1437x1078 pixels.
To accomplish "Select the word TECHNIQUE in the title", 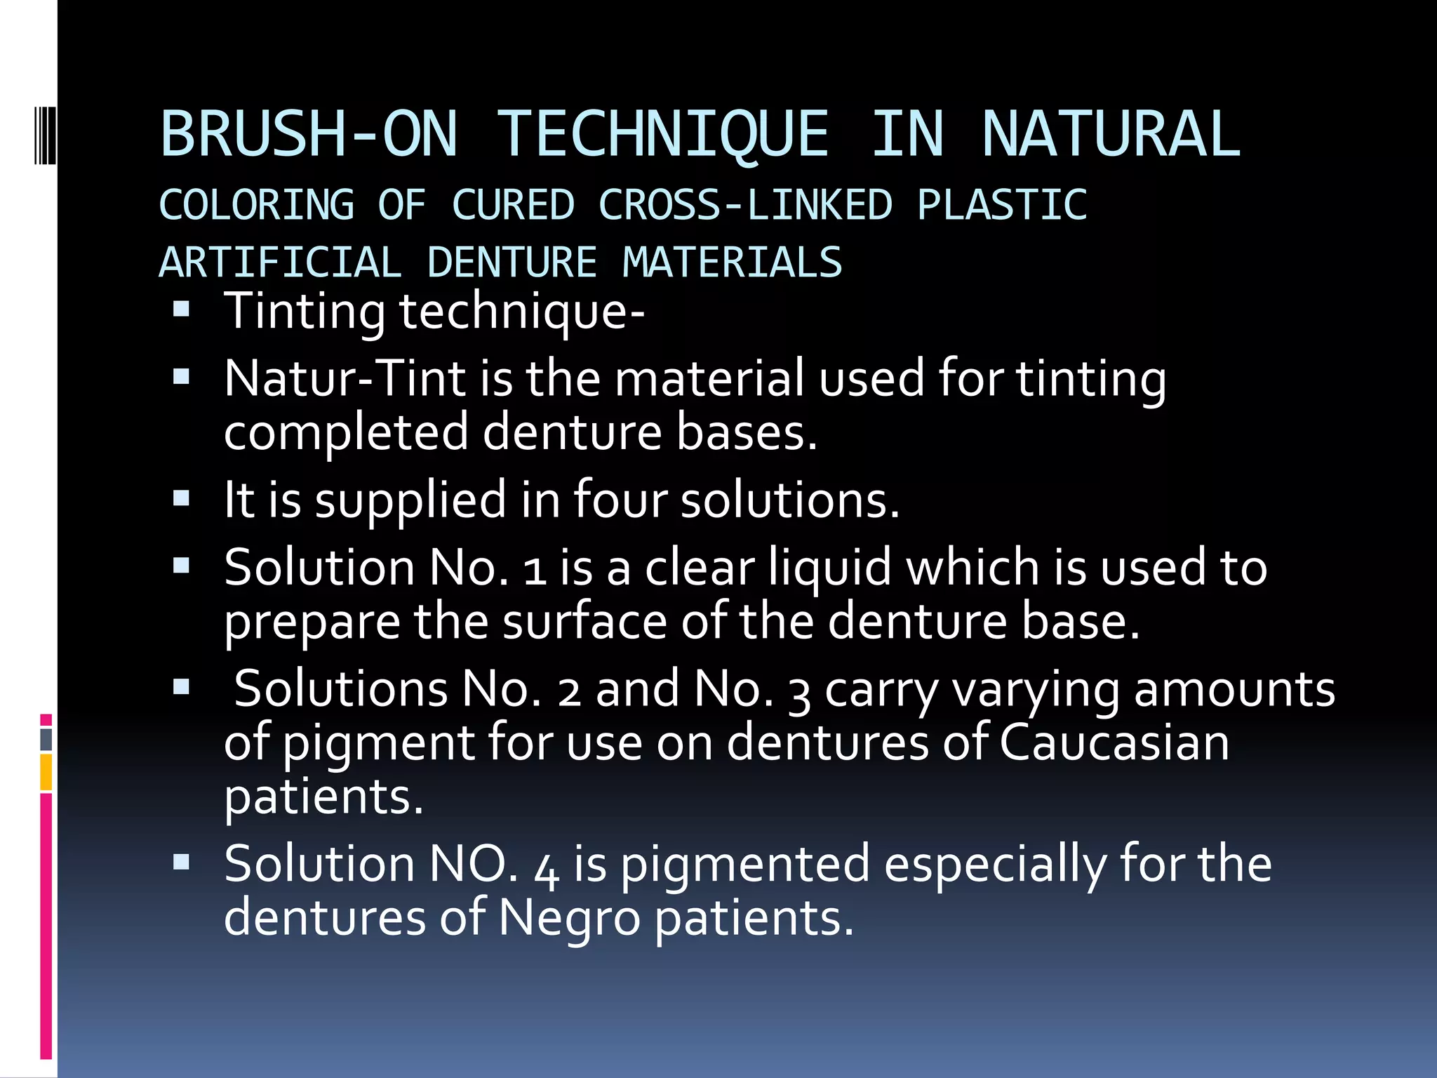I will click(x=663, y=135).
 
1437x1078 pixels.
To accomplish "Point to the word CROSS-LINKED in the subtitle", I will click(x=745, y=205).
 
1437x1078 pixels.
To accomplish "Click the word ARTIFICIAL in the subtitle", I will click(x=280, y=262).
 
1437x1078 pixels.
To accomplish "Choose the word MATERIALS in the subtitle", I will click(x=732, y=262).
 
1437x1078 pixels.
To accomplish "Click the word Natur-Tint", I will click(x=345, y=379).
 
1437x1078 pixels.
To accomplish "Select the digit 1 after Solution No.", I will click(x=535, y=568).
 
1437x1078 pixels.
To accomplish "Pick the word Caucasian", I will click(x=1114, y=743).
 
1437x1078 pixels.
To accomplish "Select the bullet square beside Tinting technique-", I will click(x=182, y=309).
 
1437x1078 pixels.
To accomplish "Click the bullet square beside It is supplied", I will click(x=182, y=498).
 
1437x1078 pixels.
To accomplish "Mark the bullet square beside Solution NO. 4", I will click(x=182, y=862).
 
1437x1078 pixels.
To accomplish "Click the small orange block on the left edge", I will click(x=46, y=772).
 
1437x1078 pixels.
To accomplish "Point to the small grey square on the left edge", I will click(x=46, y=739).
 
